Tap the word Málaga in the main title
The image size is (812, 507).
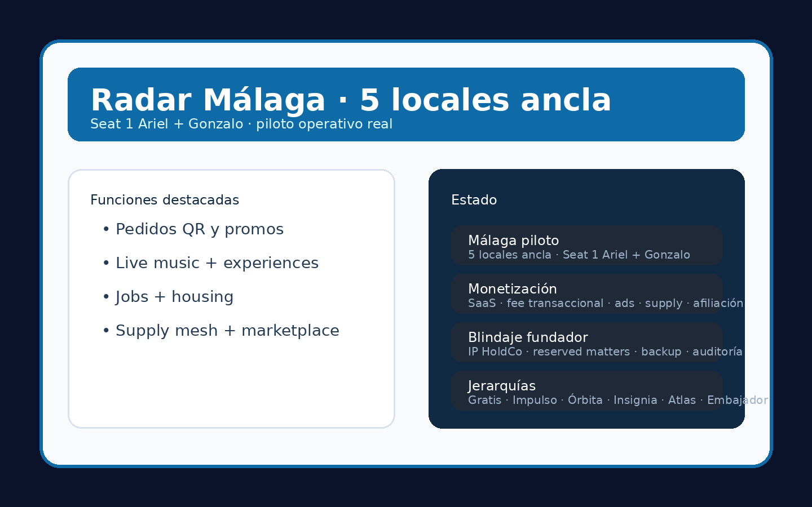coord(264,101)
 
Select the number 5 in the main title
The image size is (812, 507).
coord(369,101)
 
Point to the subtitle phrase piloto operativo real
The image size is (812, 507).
coord(324,124)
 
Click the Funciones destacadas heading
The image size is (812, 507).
coord(165,201)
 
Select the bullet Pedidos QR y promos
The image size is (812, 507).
coord(199,230)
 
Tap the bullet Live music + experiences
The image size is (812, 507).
coord(217,264)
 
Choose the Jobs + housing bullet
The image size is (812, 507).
coord(174,297)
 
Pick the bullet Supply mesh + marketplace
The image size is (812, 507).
coord(227,331)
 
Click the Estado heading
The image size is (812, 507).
coord(474,201)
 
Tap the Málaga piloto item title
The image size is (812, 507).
coord(513,241)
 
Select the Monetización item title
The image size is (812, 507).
coord(512,290)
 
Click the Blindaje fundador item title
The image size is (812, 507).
coord(528,338)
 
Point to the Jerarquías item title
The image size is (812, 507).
coord(501,386)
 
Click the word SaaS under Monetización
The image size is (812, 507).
coord(482,304)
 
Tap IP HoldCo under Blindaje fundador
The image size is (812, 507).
coord(495,352)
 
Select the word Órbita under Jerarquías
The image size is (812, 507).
coord(585,401)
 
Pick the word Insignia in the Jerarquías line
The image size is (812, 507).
coord(635,401)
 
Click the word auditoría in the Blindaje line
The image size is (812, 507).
coord(717,352)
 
